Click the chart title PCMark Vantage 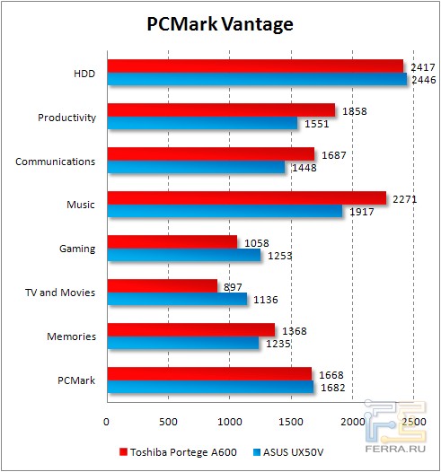click(220, 24)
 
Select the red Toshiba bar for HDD click(255, 66)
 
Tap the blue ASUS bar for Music click(225, 211)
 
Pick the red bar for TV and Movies click(162, 285)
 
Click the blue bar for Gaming click(183, 255)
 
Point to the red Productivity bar click(220, 110)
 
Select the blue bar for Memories click(182, 343)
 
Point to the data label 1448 click(302, 168)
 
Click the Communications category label click(56, 162)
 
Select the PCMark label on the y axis click(76, 380)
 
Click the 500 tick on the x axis click(168, 421)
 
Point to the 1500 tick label click(291, 421)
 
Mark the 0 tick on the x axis click(107, 421)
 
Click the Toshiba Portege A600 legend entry click(179, 451)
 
